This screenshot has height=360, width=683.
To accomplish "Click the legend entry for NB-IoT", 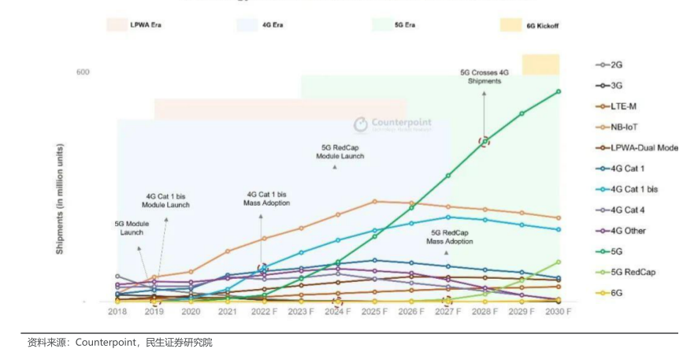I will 623,126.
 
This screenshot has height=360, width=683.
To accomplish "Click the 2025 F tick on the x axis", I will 374,312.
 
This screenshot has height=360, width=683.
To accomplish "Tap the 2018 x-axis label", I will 117,312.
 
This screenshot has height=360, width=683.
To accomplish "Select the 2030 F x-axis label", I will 558,312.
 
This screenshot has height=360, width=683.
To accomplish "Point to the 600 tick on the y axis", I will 83,72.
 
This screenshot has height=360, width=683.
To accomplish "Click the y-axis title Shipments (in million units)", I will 60,198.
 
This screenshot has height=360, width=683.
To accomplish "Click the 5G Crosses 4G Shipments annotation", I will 484,76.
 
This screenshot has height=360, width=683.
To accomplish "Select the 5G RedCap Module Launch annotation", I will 340,152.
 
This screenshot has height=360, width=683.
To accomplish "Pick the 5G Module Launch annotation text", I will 132,228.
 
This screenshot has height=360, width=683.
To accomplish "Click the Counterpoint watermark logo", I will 392,124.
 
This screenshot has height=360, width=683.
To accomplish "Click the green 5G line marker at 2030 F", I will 558,91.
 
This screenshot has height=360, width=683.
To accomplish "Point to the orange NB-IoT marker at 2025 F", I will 374,201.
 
